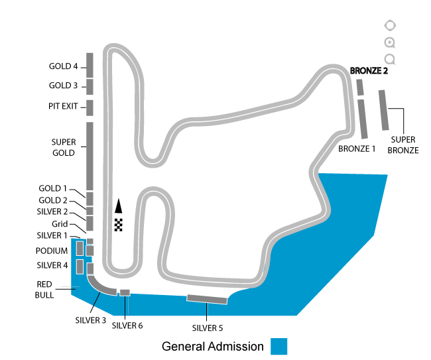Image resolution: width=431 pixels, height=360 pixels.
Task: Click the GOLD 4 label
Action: pos(63,66)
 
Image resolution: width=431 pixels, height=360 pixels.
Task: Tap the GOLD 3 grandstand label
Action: pos(63,86)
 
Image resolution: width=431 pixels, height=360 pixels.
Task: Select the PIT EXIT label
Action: pos(63,106)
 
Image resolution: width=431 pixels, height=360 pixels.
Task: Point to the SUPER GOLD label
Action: pos(64,147)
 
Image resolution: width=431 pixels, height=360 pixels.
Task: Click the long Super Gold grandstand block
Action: pos(90,156)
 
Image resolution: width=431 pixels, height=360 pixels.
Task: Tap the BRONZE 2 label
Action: pos(369,71)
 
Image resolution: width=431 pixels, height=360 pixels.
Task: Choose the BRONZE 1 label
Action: pos(357,149)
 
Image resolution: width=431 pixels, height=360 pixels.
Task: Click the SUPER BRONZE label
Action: pos(403,145)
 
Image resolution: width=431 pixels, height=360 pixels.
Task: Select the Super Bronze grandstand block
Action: pos(384,110)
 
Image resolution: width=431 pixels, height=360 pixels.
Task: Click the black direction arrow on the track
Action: pos(119,206)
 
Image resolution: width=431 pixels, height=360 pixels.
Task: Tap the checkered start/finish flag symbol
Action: pos(119,225)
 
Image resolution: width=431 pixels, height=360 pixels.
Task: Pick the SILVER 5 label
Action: pos(208,328)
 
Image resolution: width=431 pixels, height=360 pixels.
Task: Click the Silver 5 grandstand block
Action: pos(207,299)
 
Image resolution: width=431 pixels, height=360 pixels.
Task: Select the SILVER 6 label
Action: pos(127,326)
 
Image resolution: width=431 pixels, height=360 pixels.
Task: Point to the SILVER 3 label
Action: pos(90,320)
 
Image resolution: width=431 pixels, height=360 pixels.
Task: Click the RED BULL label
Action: pos(44,289)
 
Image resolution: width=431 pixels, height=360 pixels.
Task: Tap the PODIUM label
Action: pos(52,251)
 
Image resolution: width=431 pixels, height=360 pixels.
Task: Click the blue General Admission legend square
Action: pos(278,346)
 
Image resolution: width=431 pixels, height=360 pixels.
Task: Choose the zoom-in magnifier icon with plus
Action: pos(390,42)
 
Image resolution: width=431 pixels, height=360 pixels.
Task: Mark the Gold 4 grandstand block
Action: pos(90,65)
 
